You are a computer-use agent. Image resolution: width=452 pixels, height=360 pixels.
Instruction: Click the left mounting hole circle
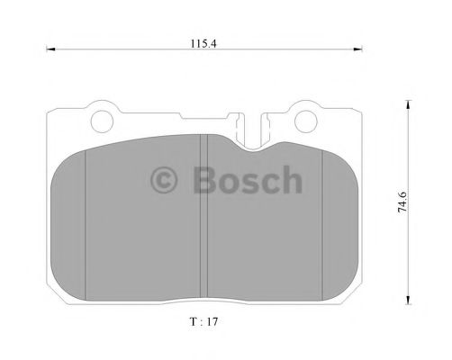103,120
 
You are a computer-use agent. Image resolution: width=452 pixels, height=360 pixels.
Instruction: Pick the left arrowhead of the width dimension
50,50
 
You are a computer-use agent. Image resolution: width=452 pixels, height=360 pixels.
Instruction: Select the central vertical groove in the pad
208,216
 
